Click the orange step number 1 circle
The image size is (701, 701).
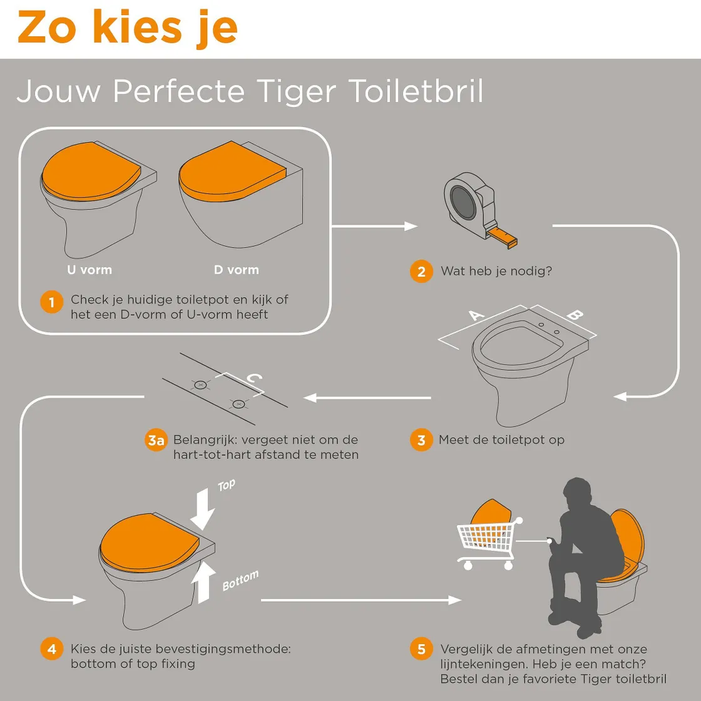pyautogui.click(x=52, y=302)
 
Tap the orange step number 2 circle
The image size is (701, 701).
pyautogui.click(x=421, y=272)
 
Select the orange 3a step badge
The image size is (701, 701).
pyautogui.click(x=156, y=441)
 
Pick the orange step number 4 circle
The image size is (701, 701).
pyautogui.click(x=52, y=649)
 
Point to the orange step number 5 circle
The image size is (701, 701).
pyautogui.click(x=421, y=649)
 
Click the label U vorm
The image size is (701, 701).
pyautogui.click(x=90, y=270)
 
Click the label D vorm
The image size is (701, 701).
pyautogui.click(x=236, y=270)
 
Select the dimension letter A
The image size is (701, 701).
pyautogui.click(x=477, y=315)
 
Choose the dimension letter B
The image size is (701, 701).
pyautogui.click(x=575, y=315)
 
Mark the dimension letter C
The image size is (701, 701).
pyautogui.click(x=254, y=379)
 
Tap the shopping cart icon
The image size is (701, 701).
pyautogui.click(x=487, y=541)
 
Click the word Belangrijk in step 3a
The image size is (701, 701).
pyautogui.click(x=204, y=440)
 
